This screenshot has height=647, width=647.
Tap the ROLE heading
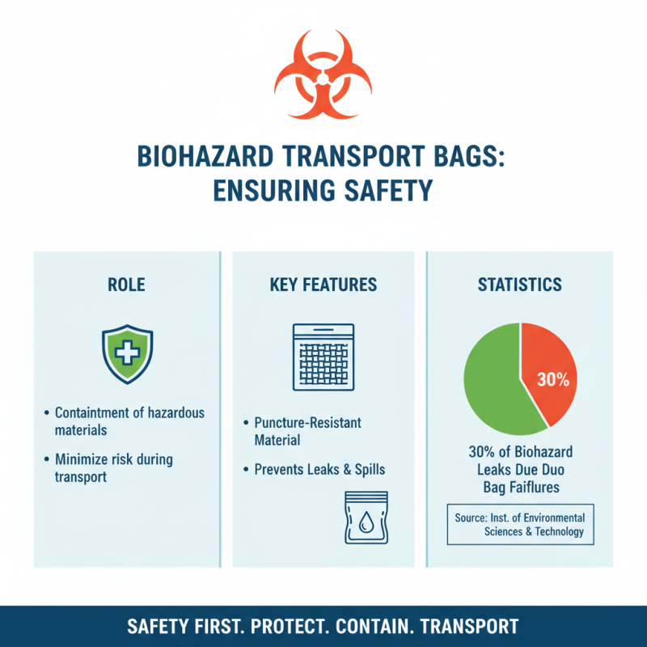[126, 285]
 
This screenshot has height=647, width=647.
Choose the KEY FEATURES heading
[323, 285]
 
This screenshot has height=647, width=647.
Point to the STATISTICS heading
[519, 285]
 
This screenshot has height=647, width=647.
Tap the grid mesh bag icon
[323, 357]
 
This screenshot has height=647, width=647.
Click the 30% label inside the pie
[553, 379]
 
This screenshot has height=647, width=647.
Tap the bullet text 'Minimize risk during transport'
[113, 467]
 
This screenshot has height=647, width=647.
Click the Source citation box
[520, 524]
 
